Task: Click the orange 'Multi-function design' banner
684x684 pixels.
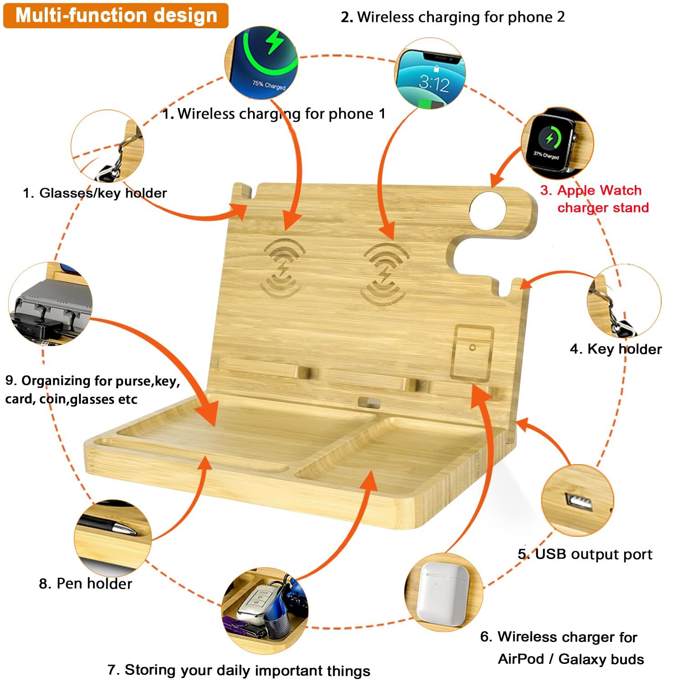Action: point(116,16)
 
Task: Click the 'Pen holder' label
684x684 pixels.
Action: point(86,583)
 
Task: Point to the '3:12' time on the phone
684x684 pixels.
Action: point(434,83)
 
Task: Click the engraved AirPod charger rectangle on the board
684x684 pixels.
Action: point(472,352)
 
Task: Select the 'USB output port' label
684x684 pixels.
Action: point(585,554)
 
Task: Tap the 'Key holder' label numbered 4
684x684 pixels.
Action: point(616,349)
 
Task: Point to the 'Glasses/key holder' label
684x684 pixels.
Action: point(95,193)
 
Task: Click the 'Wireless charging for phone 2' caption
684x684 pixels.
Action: point(453,17)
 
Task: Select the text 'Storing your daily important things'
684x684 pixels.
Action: point(239,670)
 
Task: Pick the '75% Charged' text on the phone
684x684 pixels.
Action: point(269,85)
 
